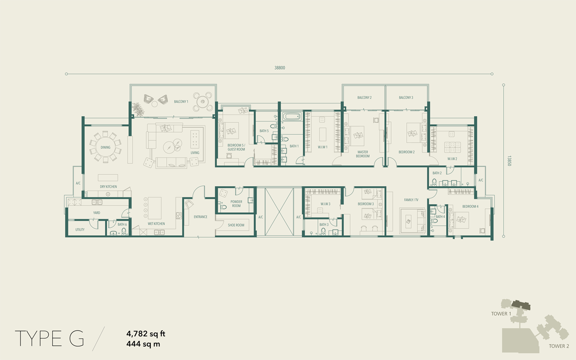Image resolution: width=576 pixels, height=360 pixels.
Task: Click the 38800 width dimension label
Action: click(x=279, y=68)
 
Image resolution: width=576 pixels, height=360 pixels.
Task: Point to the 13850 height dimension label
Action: click(x=509, y=161)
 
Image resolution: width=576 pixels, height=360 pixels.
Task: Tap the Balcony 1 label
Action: click(x=181, y=101)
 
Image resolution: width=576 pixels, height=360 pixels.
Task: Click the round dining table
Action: click(x=105, y=147)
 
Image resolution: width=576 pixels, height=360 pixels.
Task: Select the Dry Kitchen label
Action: click(x=108, y=187)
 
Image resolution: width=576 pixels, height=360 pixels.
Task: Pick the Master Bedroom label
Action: click(x=362, y=154)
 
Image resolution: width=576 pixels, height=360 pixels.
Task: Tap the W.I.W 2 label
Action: click(x=452, y=159)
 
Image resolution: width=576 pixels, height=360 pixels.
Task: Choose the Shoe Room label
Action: click(x=236, y=225)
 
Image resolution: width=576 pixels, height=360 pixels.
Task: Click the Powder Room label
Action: click(x=236, y=203)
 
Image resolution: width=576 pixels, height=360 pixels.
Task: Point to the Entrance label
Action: click(x=200, y=217)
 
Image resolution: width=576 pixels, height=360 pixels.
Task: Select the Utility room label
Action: click(x=79, y=230)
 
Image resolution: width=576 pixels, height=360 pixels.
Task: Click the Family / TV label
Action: click(x=411, y=200)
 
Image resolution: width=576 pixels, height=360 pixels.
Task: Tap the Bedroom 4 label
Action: click(x=470, y=206)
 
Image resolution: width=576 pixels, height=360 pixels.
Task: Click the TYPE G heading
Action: click(x=49, y=339)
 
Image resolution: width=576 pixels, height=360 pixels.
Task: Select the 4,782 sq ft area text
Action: click(x=146, y=334)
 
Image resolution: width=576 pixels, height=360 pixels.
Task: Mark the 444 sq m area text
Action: click(x=143, y=344)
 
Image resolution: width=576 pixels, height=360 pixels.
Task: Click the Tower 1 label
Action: click(x=501, y=314)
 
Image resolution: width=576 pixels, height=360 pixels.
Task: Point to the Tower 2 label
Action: click(x=559, y=346)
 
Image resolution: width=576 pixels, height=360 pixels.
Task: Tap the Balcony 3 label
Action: click(x=406, y=98)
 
